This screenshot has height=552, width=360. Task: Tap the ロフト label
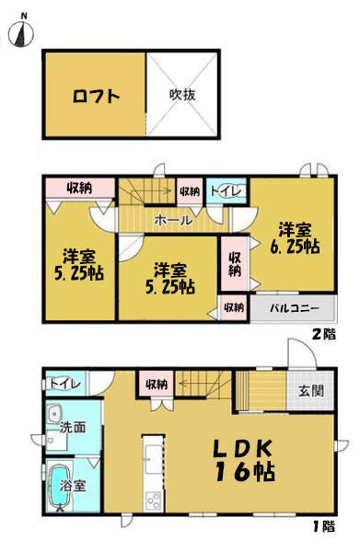point(96,96)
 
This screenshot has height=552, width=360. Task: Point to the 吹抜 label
point(182,95)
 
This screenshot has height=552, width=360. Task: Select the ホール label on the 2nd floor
point(173,221)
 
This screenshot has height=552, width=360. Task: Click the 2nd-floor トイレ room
point(226,191)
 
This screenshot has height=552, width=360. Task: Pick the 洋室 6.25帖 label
point(296,238)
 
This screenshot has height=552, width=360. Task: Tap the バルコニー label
point(295,309)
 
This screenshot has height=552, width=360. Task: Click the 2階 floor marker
point(324,334)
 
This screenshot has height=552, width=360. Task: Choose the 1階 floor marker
point(324,526)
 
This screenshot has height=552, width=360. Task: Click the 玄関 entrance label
point(311,390)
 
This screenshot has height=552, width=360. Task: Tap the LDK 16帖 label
point(245,460)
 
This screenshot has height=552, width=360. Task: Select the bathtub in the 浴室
point(59,487)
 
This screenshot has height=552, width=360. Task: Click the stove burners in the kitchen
point(154,500)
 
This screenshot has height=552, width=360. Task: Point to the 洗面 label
point(73,428)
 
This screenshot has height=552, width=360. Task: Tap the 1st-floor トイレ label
point(65,384)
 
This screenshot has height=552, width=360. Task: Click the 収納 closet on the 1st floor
point(157,384)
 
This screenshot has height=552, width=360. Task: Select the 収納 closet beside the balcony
point(234,307)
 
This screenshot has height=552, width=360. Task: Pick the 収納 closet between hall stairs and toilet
point(190,191)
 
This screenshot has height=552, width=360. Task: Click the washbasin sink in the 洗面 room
point(54,414)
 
